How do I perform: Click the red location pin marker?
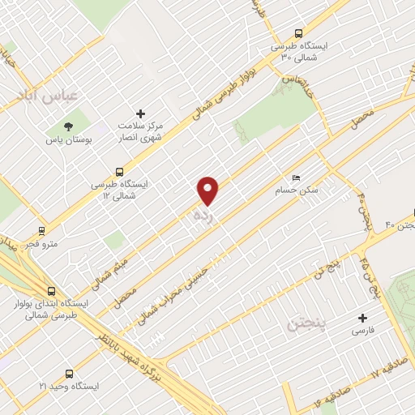coord(209,190)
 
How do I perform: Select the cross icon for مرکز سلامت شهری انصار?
coord(141,113)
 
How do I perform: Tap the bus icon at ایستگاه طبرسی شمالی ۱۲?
coord(120,171)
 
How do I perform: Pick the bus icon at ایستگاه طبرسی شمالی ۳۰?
coord(299,33)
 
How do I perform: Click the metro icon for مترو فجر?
coord(42,230)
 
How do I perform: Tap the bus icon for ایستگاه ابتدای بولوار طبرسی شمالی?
coord(52,291)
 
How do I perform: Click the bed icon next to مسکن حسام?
coord(296,178)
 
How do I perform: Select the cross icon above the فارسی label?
coord(362,318)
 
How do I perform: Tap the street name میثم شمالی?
coord(113,263)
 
